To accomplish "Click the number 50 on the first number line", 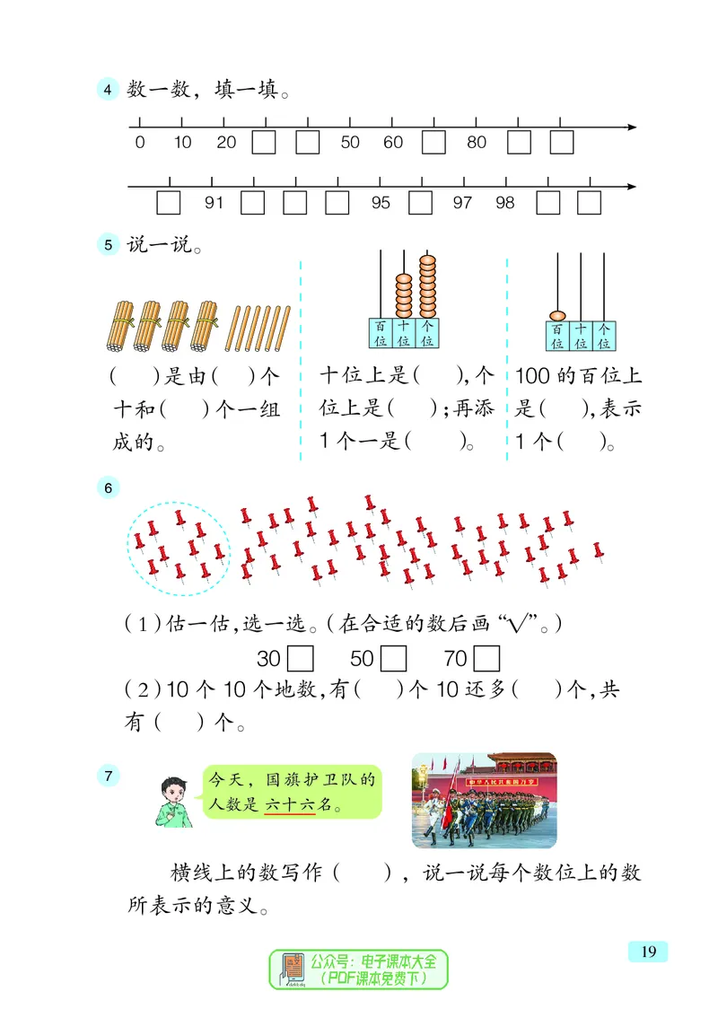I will coord(350,143).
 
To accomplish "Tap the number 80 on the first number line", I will coord(477,143).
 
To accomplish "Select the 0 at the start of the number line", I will coord(140,143).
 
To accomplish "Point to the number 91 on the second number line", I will coord(214,203).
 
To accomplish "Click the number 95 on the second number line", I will coord(381,203).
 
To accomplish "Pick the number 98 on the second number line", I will coord(505,203).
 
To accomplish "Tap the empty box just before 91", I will coord(169,203).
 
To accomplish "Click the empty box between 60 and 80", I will coord(433,143).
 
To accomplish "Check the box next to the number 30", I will coord(300,659).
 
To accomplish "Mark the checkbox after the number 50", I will coord(393,659).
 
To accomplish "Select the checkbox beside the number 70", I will coord(486,659).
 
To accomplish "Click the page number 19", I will coord(649,952).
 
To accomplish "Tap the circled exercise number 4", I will coord(108,91).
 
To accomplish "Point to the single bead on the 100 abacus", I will coord(557,315).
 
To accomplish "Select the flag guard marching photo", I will coord(484,800).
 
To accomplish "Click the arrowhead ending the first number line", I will coord(632,127).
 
